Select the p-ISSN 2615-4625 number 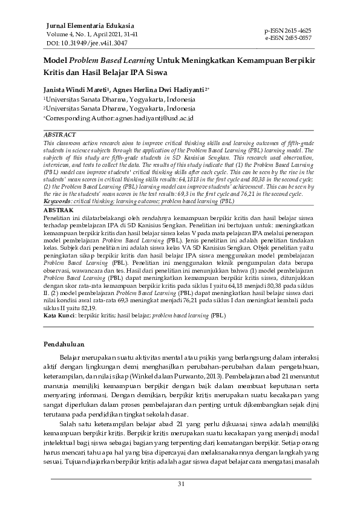pyautogui.click(x=289, y=30)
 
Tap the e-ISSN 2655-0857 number pyautogui.click(x=289, y=37)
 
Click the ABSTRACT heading pyautogui.click(x=60, y=134)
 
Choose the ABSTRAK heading pyautogui.click(x=59, y=209)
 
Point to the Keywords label pyautogui.click(x=58, y=200)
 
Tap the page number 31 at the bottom pyautogui.click(x=180, y=484)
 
